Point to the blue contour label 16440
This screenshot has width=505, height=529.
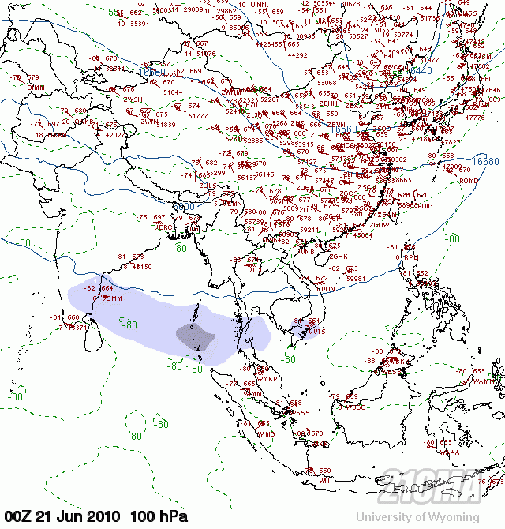click(419, 71)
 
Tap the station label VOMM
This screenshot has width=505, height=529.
click(112, 299)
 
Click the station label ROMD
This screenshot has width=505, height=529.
click(469, 180)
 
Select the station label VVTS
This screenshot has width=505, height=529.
click(316, 332)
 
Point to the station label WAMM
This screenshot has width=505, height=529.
click(481, 381)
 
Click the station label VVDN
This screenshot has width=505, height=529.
click(326, 290)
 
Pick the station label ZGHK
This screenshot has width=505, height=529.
click(339, 257)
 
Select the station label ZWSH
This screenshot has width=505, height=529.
click(133, 100)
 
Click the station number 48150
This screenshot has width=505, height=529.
click(142, 267)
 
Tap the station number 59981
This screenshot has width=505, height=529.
click(357, 279)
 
